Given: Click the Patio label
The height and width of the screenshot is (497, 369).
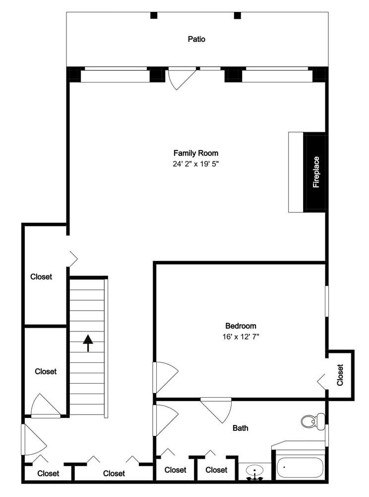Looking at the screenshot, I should click(x=196, y=39).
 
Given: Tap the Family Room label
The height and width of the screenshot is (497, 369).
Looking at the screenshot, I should click(x=195, y=153).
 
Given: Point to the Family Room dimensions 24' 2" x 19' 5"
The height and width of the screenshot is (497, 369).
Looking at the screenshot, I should click(x=195, y=163).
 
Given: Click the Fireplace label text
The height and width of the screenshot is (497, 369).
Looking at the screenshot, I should click(x=316, y=172).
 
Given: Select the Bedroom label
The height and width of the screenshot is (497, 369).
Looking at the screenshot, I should click(x=241, y=326).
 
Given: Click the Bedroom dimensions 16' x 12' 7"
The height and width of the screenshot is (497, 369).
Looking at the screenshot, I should click(x=241, y=336).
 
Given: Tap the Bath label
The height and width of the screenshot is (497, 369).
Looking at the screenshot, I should click(x=241, y=428).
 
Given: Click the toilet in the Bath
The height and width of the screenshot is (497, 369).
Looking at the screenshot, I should click(x=308, y=421).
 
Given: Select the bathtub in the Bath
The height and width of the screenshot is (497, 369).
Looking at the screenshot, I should click(x=300, y=467).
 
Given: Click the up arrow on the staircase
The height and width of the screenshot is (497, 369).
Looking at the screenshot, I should click(x=88, y=342).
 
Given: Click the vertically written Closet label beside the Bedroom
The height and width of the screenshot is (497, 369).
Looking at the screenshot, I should click(x=340, y=375).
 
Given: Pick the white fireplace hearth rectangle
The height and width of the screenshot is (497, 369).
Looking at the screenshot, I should click(x=296, y=172).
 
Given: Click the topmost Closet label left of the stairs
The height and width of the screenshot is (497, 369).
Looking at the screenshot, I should click(x=41, y=276).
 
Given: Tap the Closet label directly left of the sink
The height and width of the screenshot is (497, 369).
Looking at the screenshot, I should click(x=216, y=470).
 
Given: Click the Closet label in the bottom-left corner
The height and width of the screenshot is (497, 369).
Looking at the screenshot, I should click(x=48, y=473).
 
